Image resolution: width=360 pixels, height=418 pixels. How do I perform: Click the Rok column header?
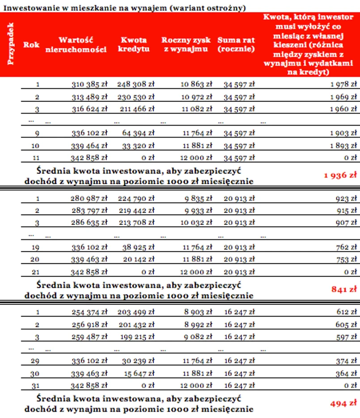[31, 45]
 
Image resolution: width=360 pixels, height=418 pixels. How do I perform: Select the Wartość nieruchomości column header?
[76, 45]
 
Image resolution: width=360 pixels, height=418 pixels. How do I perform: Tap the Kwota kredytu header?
[134, 45]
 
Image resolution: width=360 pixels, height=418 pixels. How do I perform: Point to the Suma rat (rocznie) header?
[236, 45]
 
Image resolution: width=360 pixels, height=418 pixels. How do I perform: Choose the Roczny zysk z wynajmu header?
[186, 45]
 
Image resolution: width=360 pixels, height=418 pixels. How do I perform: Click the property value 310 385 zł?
[89, 84]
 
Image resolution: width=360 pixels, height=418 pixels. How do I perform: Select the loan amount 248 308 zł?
[136, 84]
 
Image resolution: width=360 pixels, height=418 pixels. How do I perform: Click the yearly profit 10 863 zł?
[196, 84]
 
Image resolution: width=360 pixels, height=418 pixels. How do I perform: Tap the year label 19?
[35, 247]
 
